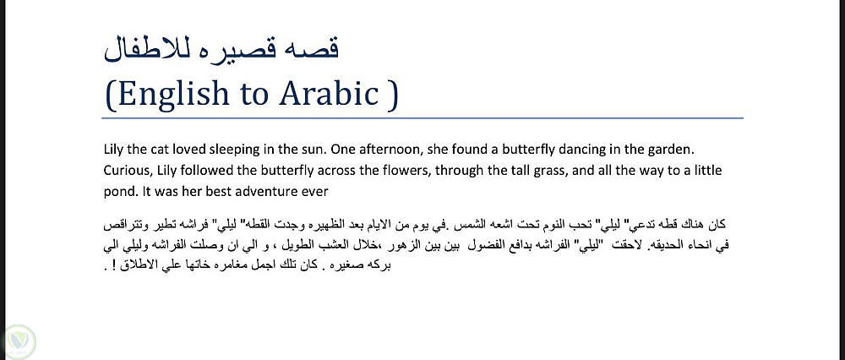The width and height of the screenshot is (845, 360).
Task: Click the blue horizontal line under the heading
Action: (x=422, y=117)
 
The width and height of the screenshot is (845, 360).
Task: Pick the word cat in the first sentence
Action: (x=148, y=150)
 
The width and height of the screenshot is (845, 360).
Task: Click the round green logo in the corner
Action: (x=18, y=341)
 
